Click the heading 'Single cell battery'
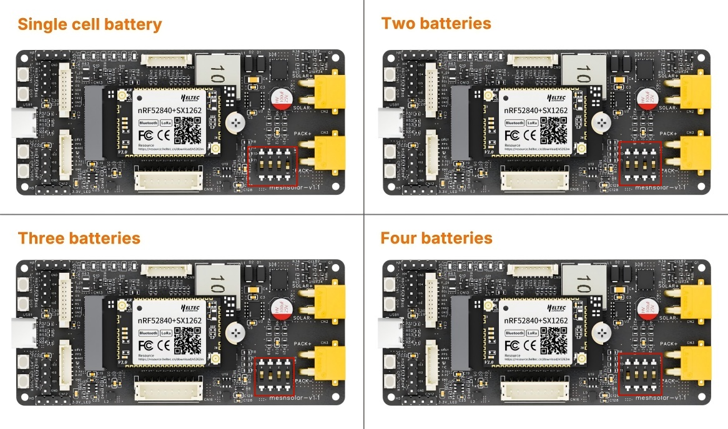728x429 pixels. point(89,24)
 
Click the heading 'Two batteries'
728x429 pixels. point(436,24)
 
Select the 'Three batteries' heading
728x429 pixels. point(79,238)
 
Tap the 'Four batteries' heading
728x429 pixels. point(436,238)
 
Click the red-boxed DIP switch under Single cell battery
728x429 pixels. point(272,166)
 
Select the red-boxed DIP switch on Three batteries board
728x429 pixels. point(274,377)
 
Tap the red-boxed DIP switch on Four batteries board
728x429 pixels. point(639,374)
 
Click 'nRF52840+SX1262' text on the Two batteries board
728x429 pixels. point(536,110)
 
